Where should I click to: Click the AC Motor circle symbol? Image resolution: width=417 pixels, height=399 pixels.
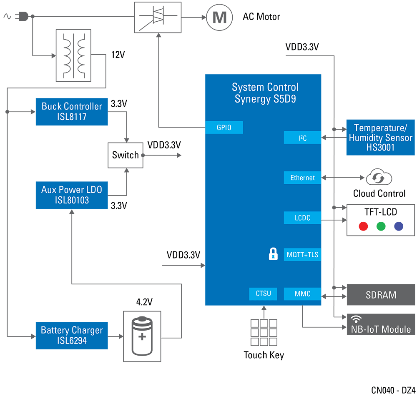pyautogui.click(x=219, y=17)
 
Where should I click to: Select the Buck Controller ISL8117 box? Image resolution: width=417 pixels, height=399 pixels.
pyautogui.click(x=72, y=111)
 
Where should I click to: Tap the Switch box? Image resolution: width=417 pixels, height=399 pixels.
pyautogui.click(x=125, y=155)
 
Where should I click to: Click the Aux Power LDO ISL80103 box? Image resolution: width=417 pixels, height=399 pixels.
pyautogui.click(x=72, y=195)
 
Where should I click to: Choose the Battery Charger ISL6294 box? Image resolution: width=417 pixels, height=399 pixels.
pyautogui.click(x=72, y=335)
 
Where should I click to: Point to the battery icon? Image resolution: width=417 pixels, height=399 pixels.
pyautogui.click(x=142, y=336)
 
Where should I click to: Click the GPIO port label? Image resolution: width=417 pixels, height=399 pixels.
pyautogui.click(x=224, y=128)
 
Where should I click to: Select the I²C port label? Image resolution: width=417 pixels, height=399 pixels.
pyautogui.click(x=302, y=138)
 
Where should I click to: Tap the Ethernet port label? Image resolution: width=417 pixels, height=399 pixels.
pyautogui.click(x=302, y=178)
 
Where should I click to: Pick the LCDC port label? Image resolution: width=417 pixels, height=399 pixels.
pyautogui.click(x=302, y=218)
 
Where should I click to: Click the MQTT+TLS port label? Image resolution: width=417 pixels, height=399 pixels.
pyautogui.click(x=302, y=254)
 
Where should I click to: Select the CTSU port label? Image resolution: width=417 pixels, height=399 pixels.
pyautogui.click(x=263, y=294)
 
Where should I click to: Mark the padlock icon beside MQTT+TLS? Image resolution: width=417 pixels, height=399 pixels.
pyautogui.click(x=273, y=254)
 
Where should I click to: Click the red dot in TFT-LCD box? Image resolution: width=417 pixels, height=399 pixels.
pyautogui.click(x=363, y=226)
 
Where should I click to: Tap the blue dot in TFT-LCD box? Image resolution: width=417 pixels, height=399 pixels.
pyautogui.click(x=399, y=226)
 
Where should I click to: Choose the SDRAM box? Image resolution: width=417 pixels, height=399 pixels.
pyautogui.click(x=381, y=295)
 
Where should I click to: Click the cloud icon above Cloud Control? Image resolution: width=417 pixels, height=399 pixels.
pyautogui.click(x=379, y=178)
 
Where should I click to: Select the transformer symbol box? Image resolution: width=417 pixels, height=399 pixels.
pyautogui.click(x=73, y=55)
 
